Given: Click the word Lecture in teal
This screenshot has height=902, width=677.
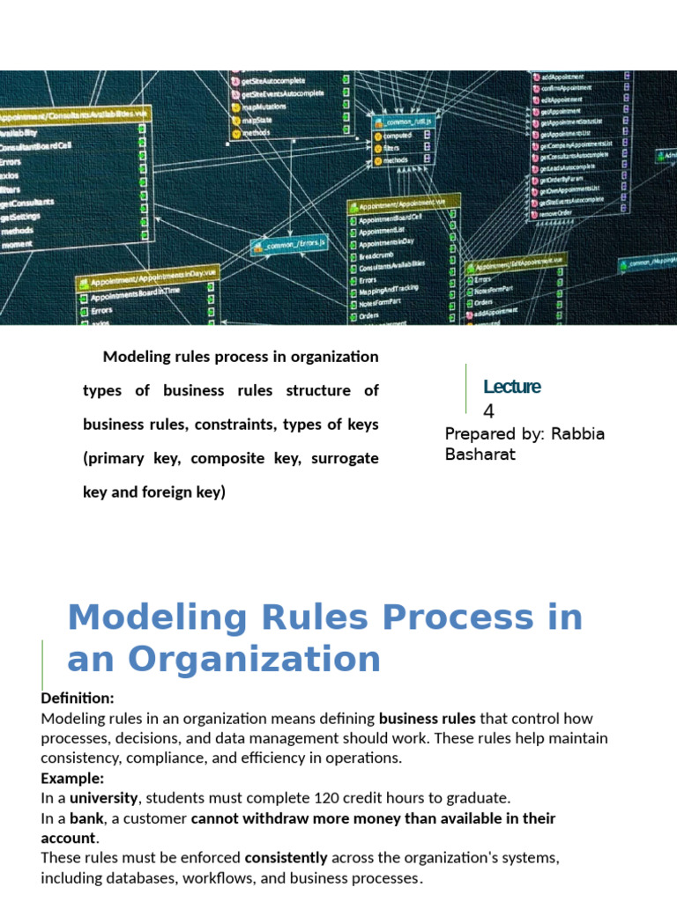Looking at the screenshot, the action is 511,387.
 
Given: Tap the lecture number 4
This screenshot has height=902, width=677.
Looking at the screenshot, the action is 488,411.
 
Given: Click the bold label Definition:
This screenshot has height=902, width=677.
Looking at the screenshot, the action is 78,698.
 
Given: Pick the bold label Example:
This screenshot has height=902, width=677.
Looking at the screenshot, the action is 72,779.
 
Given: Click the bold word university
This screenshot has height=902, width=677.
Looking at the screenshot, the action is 104,798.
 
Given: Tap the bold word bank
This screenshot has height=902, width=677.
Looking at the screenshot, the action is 86,818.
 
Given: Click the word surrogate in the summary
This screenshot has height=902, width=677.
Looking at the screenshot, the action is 346,458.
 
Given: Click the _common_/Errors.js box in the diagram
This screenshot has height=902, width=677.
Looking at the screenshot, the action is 291,244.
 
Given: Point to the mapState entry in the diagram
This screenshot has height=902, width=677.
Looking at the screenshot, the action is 257,120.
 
